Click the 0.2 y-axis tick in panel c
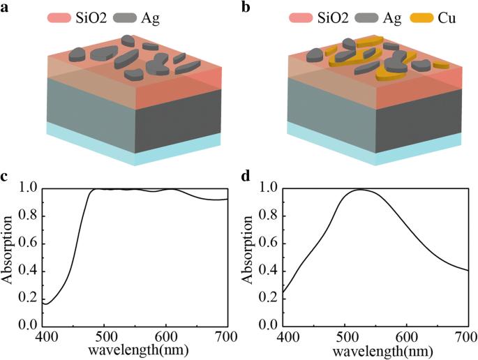click(x=28, y=298)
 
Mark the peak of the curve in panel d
click(x=361, y=189)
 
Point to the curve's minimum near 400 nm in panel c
click(x=46, y=303)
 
